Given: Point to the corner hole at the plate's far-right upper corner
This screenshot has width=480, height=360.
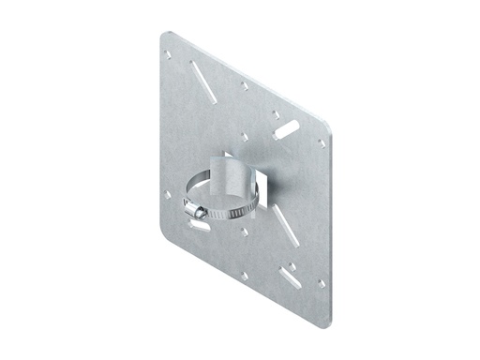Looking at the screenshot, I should (322, 143).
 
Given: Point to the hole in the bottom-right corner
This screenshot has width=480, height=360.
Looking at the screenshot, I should (321, 282).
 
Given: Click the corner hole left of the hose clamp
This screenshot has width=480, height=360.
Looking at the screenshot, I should (168, 195).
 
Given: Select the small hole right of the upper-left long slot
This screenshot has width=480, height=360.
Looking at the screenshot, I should (244, 85).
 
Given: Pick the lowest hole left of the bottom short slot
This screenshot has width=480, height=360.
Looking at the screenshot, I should (244, 276).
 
